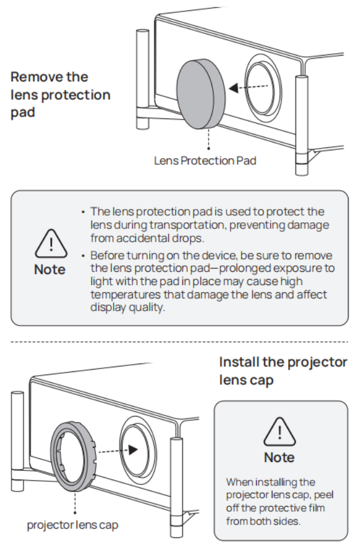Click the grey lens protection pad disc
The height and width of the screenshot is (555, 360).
[x=201, y=94]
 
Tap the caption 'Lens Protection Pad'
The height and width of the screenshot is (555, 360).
[x=205, y=161]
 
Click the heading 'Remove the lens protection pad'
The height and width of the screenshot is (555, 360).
[x=60, y=94]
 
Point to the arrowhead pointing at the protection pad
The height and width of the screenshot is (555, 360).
[x=234, y=88]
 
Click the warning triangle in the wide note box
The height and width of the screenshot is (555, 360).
[x=51, y=243]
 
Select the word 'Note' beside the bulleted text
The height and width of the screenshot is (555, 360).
[x=50, y=270]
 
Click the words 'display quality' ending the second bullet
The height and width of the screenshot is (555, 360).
[x=127, y=307]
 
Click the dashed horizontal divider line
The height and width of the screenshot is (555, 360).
[x=179, y=342]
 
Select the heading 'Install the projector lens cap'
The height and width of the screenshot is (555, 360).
[x=283, y=371]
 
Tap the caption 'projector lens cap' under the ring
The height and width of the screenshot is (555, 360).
[x=72, y=525]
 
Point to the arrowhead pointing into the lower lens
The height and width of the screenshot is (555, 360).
[x=133, y=450]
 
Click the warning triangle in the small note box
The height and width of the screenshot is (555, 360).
[x=280, y=431]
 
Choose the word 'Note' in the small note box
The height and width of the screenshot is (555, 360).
[x=279, y=458]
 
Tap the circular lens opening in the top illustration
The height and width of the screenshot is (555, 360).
[x=263, y=88]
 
